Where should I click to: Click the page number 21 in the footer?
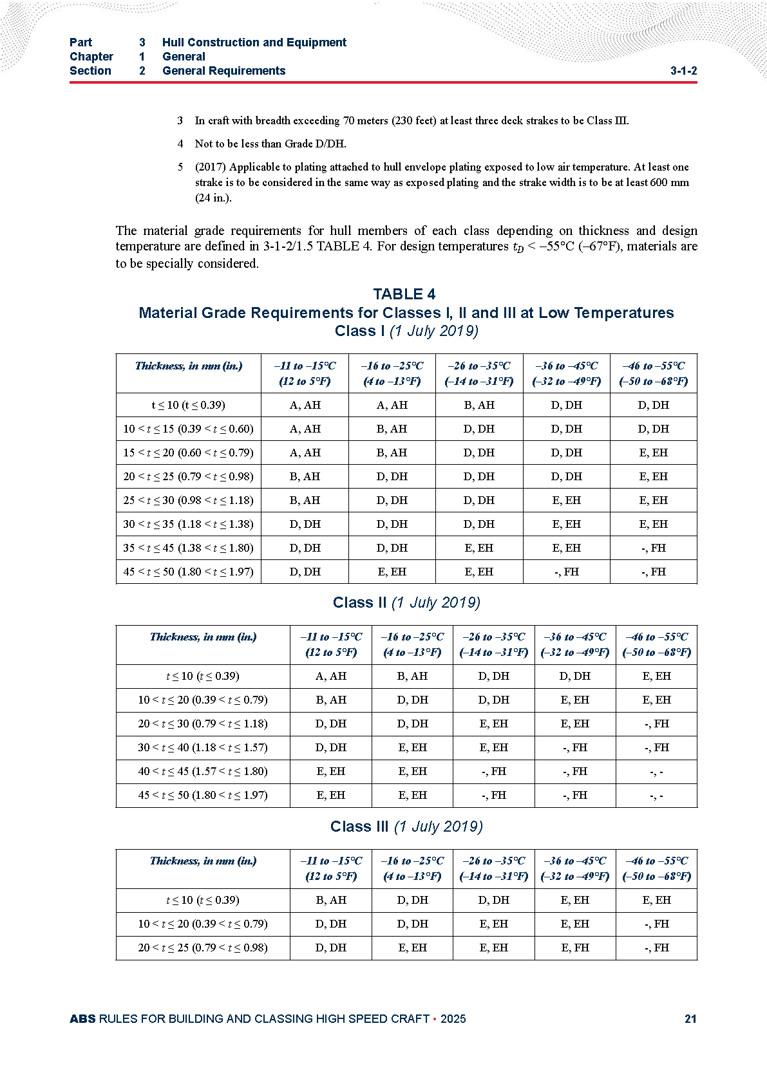690,1019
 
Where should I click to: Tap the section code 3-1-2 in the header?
683,71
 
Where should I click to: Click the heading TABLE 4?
404,294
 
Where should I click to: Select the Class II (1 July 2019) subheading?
406,603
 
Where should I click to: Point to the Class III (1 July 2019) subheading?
406,827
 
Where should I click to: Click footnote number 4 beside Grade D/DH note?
181,144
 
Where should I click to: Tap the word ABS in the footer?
82,1019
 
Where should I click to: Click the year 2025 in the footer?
453,1019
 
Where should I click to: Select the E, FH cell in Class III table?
575,948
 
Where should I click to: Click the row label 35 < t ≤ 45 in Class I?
188,548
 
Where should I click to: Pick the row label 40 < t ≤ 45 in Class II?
202,771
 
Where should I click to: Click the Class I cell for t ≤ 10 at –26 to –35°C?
479,405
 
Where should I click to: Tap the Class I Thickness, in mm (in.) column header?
189,366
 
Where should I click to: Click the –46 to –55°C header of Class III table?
656,868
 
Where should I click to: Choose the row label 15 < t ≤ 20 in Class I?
188,453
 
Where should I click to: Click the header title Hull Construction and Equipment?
254,42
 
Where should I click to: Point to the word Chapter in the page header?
91,57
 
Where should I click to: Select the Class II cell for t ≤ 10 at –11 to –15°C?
331,676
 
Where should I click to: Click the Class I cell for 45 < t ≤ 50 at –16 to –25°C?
392,572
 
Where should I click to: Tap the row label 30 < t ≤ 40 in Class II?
202,747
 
